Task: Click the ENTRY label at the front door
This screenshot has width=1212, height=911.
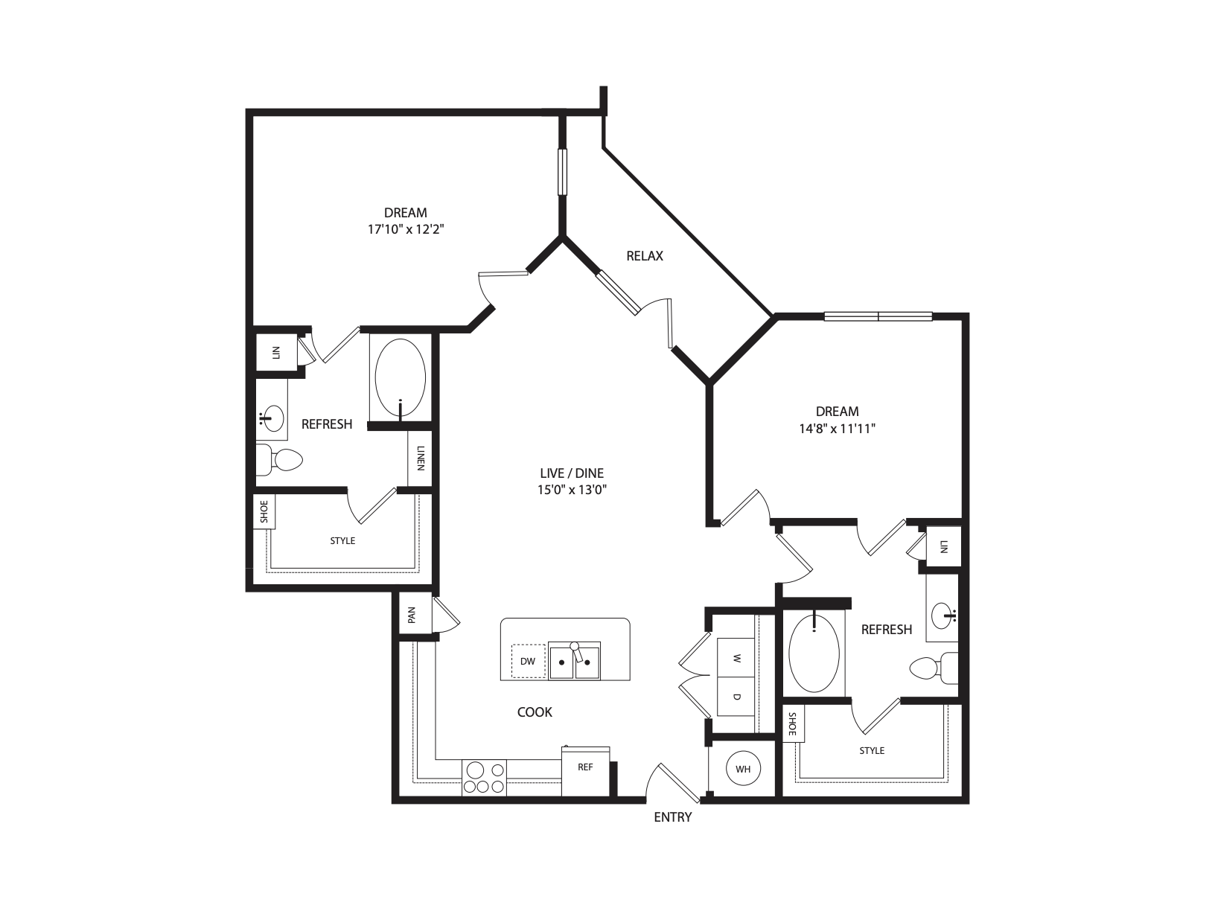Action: [672, 817]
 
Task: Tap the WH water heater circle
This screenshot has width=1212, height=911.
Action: [742, 770]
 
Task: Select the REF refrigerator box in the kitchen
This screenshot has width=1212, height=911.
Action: [586, 768]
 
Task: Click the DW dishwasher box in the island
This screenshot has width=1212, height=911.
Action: [528, 661]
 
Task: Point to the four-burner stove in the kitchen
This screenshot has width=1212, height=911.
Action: [484, 778]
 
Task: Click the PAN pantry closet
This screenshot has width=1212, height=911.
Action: [411, 615]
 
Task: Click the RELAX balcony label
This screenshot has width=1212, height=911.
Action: [644, 256]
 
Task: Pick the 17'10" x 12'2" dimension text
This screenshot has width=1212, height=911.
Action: [406, 230]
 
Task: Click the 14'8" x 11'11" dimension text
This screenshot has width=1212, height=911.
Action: [837, 429]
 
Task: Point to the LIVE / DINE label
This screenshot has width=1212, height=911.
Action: [572, 473]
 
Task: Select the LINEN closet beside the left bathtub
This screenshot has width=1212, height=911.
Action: [421, 458]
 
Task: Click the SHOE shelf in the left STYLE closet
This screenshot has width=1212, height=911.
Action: [264, 512]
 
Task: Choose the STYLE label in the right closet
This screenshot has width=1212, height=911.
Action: [872, 750]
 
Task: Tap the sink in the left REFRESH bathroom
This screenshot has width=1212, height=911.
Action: [272, 418]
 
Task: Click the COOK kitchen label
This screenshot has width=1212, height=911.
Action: [535, 712]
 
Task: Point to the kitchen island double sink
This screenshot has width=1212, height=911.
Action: [574, 661]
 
